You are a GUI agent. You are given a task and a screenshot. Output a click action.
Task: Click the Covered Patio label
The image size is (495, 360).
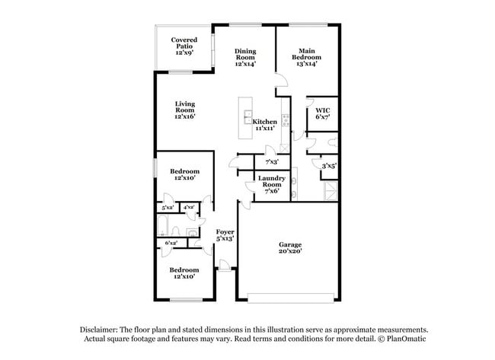[184, 46]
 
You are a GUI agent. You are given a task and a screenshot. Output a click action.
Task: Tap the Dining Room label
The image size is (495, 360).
[245, 58]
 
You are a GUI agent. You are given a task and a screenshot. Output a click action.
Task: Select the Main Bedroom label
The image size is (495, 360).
[306, 58]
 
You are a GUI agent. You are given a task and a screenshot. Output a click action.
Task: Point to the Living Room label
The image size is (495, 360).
[185, 110]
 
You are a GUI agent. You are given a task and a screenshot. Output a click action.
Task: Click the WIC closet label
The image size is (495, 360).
[322, 114]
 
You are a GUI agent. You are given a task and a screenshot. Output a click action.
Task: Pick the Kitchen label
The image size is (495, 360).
[264, 126]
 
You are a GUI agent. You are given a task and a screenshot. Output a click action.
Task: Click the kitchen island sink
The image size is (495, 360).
[248, 117]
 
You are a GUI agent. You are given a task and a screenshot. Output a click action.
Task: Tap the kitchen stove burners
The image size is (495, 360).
[286, 119]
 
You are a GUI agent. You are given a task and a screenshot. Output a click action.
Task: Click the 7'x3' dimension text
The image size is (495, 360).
[271, 162]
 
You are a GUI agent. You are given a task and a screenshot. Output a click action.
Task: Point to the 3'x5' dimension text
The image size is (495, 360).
[329, 166]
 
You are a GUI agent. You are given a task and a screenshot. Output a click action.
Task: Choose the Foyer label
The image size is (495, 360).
[225, 234]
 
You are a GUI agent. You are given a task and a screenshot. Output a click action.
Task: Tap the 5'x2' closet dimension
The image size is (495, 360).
[167, 207]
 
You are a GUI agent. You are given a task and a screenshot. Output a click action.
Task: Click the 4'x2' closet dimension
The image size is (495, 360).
[188, 207]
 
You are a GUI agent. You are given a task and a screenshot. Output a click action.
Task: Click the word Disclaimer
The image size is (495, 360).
[101, 329]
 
